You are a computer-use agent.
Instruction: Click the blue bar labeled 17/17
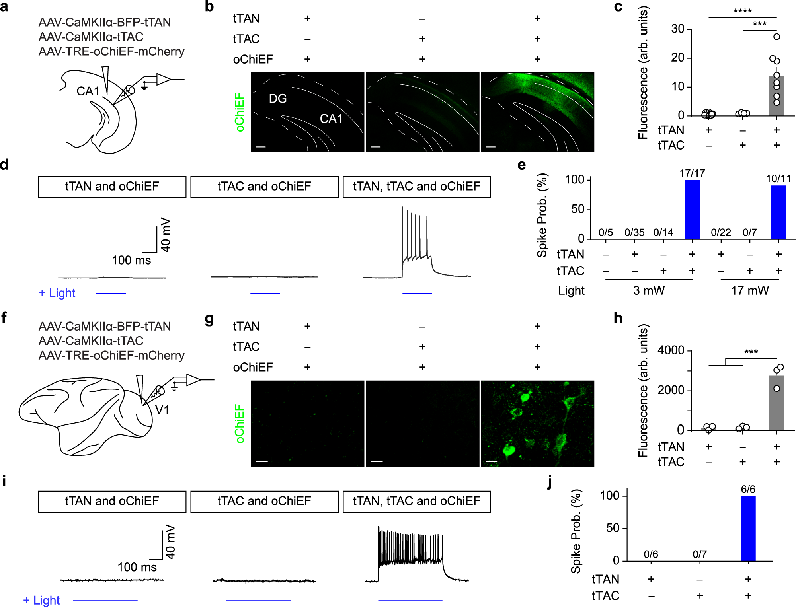click(x=692, y=210)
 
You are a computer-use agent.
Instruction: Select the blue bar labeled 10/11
click(x=778, y=212)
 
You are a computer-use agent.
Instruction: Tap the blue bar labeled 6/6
click(x=748, y=529)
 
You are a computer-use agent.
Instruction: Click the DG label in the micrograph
click(x=277, y=99)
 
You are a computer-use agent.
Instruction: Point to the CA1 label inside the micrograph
click(x=331, y=119)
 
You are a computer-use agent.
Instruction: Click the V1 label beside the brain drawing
click(x=162, y=410)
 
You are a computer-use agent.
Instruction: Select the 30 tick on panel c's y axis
click(x=677, y=29)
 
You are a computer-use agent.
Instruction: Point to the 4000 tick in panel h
click(x=671, y=350)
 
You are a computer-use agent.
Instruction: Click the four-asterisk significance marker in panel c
click(x=742, y=11)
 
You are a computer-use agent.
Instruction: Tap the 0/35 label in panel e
click(x=634, y=232)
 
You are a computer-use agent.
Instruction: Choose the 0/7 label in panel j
click(x=700, y=554)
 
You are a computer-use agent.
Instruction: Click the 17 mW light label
click(x=750, y=290)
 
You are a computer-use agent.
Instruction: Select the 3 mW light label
click(x=649, y=290)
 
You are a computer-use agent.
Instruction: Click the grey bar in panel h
click(x=776, y=404)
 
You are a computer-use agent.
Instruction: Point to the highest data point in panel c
click(x=776, y=37)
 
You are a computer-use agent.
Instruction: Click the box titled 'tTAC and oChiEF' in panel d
click(x=264, y=187)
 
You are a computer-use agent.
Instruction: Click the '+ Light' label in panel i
click(x=41, y=600)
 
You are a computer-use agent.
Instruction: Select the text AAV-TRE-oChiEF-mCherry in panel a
click(x=111, y=51)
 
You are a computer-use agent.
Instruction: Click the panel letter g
click(x=209, y=319)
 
